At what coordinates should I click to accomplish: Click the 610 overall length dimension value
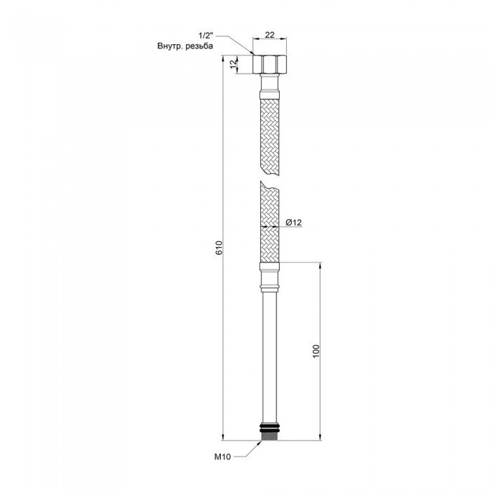tap(219, 248)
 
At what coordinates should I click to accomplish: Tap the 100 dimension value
tap(316, 351)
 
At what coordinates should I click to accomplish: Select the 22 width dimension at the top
tap(269, 35)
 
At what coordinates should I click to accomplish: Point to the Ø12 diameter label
tap(294, 222)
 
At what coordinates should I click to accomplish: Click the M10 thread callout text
tap(222, 457)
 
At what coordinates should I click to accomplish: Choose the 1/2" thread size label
tap(206, 35)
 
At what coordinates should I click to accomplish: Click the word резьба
tap(199, 46)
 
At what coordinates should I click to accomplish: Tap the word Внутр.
tap(170, 46)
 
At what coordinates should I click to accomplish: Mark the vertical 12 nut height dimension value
tap(233, 65)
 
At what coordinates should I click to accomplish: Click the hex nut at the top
tap(269, 65)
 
